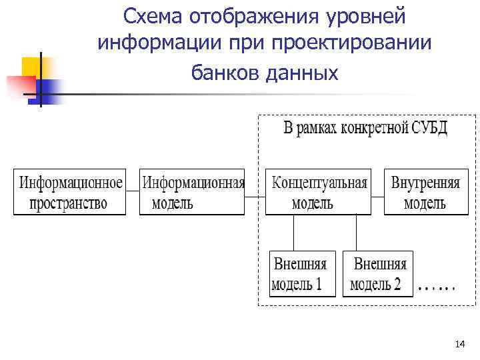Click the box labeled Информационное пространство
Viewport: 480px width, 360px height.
click(x=70, y=192)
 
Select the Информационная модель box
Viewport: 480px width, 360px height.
click(x=192, y=192)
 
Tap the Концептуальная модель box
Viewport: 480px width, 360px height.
click(x=318, y=192)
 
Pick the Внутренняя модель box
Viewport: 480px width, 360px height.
click(x=425, y=192)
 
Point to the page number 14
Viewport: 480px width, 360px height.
click(x=459, y=344)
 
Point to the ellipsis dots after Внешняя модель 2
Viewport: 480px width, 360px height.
click(x=437, y=289)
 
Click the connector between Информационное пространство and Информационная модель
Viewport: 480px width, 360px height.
click(x=133, y=192)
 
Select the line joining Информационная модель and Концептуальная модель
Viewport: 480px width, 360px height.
click(x=255, y=196)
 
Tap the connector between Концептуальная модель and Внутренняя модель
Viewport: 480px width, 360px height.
click(x=377, y=196)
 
